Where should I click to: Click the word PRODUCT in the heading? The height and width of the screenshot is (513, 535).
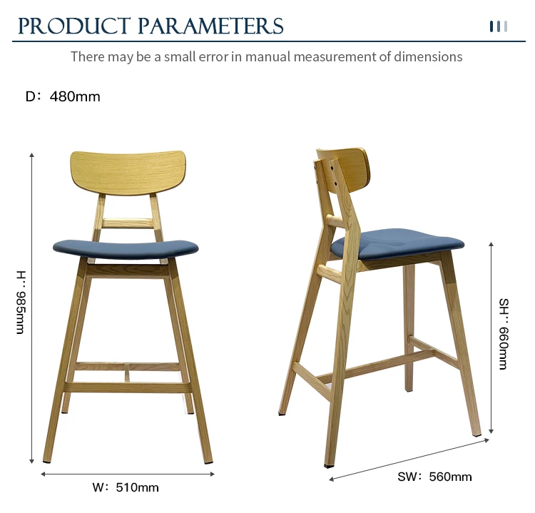[x=74, y=26]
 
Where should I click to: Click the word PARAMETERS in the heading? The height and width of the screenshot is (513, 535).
[x=210, y=26]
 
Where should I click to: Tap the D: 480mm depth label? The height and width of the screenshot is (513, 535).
[x=63, y=96]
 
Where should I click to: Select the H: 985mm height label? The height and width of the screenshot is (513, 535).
[x=21, y=302]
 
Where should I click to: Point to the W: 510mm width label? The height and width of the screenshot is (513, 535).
[x=126, y=487]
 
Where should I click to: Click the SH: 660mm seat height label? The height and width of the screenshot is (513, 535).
[x=504, y=334]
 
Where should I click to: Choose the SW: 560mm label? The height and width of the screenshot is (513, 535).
[x=434, y=477]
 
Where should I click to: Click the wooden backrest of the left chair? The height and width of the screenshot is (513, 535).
[x=128, y=173]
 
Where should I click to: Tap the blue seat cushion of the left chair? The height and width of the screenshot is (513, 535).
[x=126, y=249]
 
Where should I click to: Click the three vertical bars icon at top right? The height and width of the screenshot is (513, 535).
[x=499, y=26]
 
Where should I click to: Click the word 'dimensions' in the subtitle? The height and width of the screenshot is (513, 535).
[x=428, y=56]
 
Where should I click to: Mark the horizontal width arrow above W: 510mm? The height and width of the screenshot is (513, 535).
[x=128, y=474]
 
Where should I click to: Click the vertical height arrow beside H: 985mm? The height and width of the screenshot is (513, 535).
[x=31, y=308]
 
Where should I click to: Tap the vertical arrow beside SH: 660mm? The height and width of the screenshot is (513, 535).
[x=491, y=337]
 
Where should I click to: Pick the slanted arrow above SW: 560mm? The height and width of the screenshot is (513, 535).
[x=409, y=459]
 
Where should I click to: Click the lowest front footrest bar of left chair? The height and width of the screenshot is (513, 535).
[x=128, y=387]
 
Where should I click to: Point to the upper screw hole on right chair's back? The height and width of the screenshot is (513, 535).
[x=330, y=168]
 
